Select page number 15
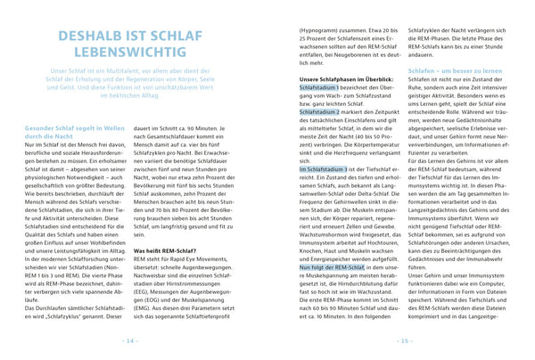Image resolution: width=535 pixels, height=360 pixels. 403,340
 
